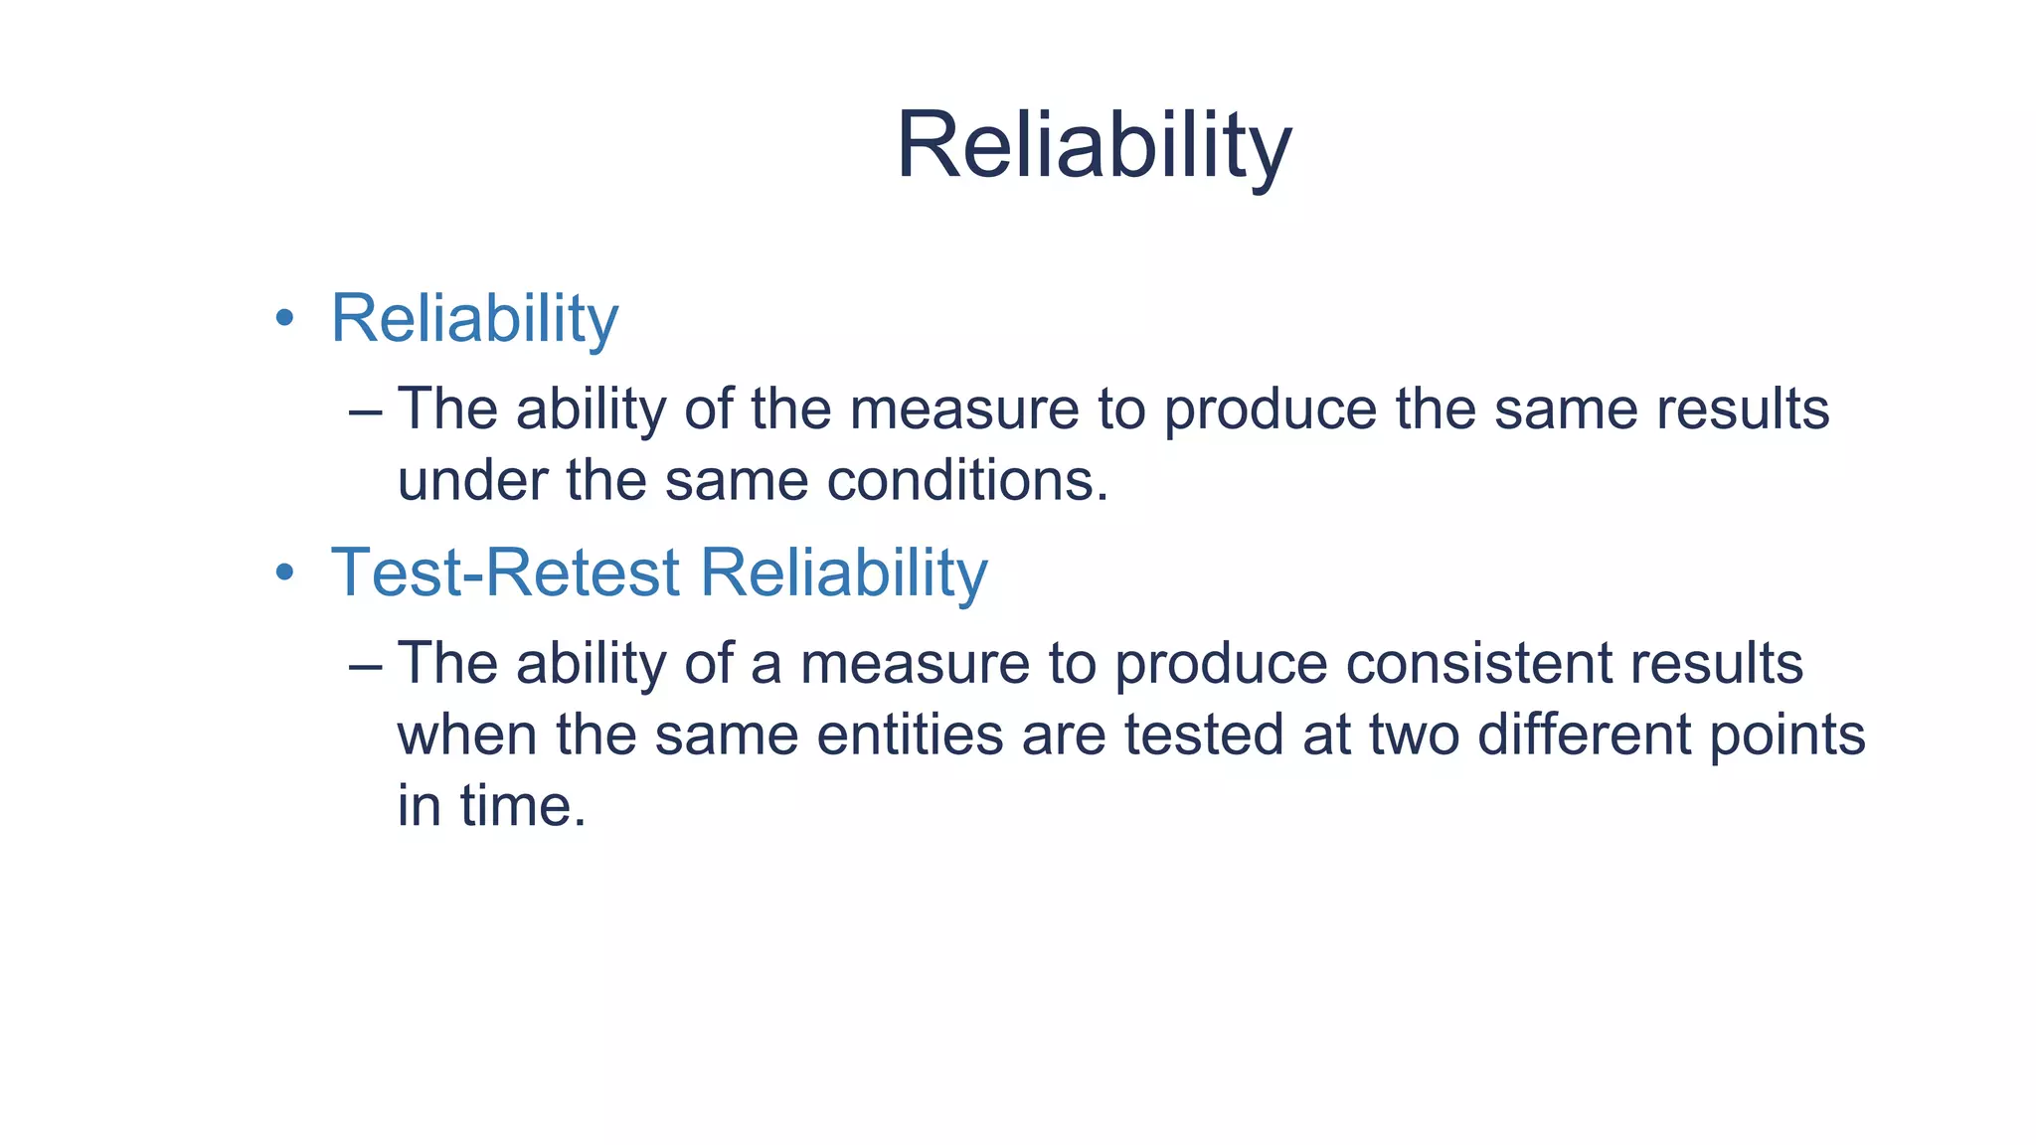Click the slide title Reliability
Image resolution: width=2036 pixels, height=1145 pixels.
coord(1094,146)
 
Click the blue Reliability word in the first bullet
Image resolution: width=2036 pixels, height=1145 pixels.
coord(474,319)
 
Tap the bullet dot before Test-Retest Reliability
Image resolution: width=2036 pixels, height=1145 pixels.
coord(285,572)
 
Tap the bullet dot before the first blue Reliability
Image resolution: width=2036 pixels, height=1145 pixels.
coord(285,318)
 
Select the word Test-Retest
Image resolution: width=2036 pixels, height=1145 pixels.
coord(505,572)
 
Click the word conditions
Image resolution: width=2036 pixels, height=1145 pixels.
coord(966,480)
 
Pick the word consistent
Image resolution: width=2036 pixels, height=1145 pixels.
coord(1477,663)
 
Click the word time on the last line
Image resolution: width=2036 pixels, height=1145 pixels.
coord(523,805)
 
